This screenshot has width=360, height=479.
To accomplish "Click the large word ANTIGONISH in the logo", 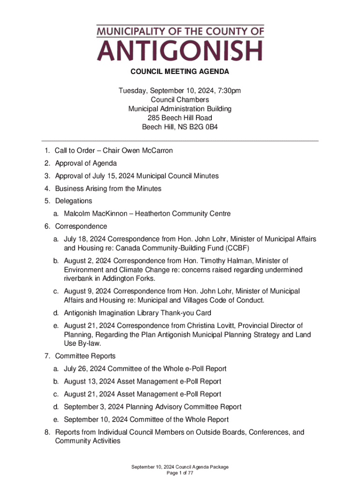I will click(180, 51).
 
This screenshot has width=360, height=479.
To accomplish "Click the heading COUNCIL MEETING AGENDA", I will click(180, 72).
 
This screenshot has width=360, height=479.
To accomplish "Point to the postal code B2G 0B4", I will click(202, 127).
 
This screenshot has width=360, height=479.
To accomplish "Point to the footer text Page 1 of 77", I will click(180, 473).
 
